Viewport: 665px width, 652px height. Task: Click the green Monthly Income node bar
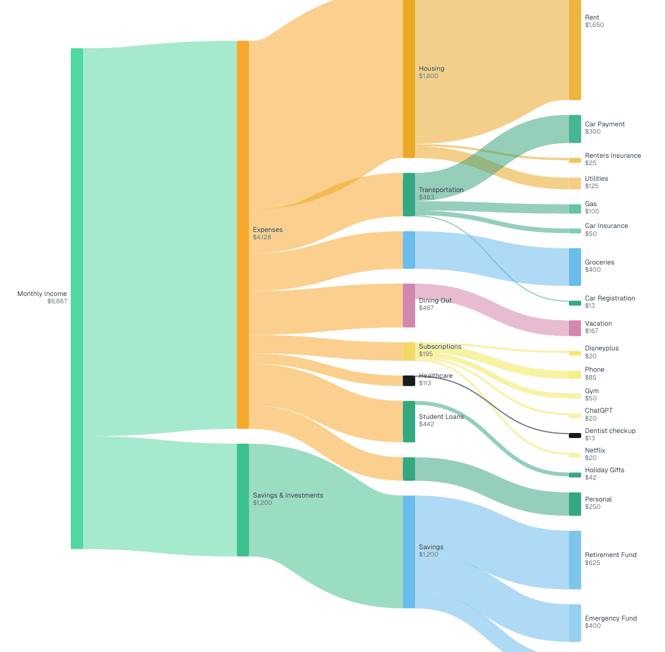tap(76, 298)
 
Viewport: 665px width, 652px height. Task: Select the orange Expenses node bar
tap(243, 234)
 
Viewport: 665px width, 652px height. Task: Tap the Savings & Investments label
tap(288, 495)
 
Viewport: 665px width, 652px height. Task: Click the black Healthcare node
tap(409, 381)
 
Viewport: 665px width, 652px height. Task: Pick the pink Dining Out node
tap(409, 306)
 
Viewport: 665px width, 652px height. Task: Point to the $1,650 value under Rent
tap(594, 25)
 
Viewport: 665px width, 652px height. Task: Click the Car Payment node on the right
tap(575, 129)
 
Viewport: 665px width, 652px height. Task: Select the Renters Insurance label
tap(612, 156)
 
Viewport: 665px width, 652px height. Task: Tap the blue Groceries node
tap(575, 267)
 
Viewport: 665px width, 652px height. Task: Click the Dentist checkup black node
tap(575, 435)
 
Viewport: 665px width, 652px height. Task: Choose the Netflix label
tap(595, 450)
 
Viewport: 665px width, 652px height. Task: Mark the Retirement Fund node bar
tap(575, 560)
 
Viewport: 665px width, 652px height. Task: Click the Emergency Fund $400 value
tap(593, 626)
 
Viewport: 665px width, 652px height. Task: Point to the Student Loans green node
tap(409, 421)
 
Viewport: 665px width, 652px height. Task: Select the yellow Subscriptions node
tap(409, 351)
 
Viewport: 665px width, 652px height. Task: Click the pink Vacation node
tap(575, 328)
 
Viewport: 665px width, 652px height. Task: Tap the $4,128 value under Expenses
tap(262, 237)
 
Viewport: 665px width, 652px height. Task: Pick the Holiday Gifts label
tap(604, 470)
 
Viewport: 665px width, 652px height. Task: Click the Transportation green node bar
tap(409, 194)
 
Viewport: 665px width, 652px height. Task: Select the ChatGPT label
tap(599, 411)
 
